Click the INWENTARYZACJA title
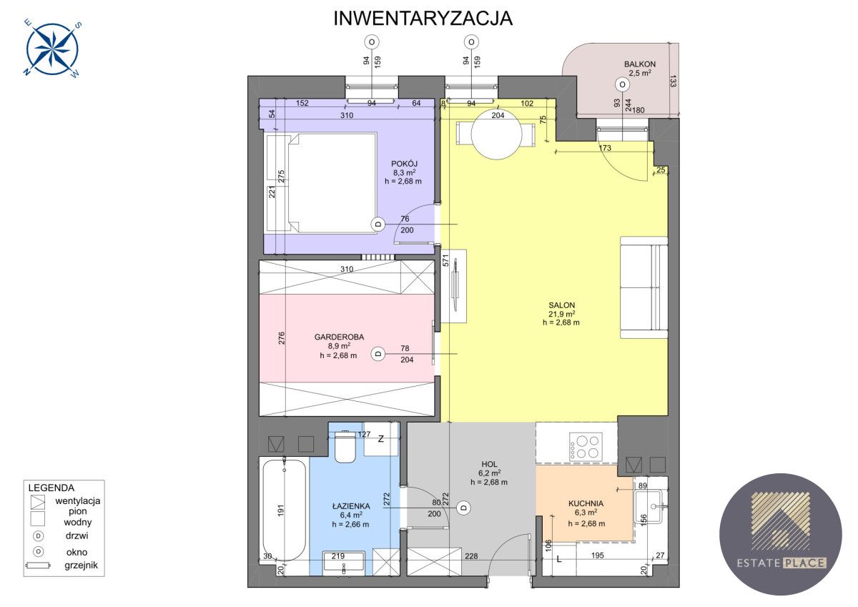[x=423, y=19]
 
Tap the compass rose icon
[x=52, y=49]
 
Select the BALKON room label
[x=640, y=64]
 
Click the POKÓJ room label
[x=404, y=164]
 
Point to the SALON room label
[x=561, y=305]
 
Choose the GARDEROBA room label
[x=339, y=337]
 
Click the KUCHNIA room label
[x=586, y=503]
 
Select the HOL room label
[x=489, y=464]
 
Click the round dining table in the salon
[x=496, y=135]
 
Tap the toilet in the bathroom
[x=345, y=447]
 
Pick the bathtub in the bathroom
[x=285, y=510]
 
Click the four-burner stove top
[x=586, y=446]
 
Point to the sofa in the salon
[x=644, y=287]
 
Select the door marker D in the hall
[x=464, y=508]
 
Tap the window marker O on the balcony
[x=622, y=84]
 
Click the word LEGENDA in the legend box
[x=51, y=488]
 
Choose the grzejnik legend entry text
[x=82, y=566]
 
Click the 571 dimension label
[x=445, y=260]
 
